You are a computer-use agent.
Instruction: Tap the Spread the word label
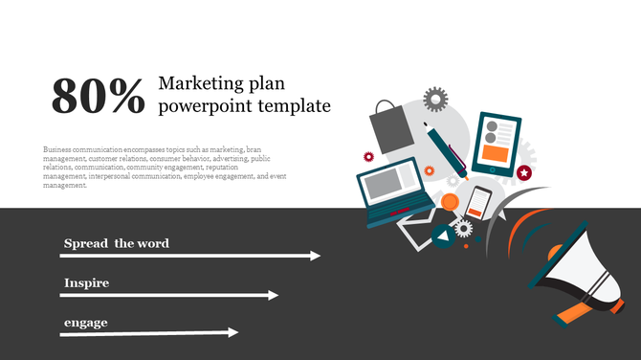(116, 243)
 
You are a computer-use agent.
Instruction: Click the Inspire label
(86, 283)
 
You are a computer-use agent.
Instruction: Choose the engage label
(85, 322)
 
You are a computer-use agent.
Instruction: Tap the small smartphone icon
(478, 203)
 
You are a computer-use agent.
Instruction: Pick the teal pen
(444, 150)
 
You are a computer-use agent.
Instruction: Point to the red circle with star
(524, 172)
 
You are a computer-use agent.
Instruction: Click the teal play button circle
(443, 236)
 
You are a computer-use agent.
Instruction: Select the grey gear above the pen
(436, 98)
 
